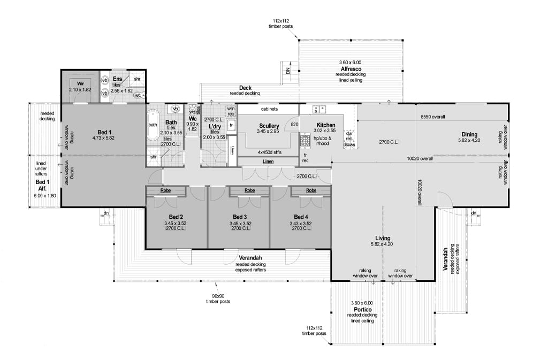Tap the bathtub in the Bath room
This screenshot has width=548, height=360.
point(153,125)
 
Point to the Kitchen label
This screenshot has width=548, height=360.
point(325,125)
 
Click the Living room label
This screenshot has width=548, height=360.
point(383,238)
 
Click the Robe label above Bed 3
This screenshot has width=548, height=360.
point(249,190)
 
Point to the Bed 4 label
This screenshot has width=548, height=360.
point(302,217)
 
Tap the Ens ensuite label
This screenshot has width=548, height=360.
point(117,79)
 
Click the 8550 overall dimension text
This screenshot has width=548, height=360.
point(432,117)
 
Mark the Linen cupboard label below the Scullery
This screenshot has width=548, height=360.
point(268,161)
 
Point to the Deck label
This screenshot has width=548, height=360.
point(245,87)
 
